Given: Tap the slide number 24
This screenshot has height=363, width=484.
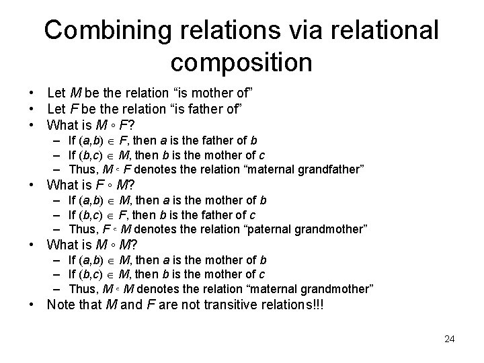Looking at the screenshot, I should pos(449,339).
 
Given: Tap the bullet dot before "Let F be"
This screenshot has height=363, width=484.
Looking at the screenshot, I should pos(32,108).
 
